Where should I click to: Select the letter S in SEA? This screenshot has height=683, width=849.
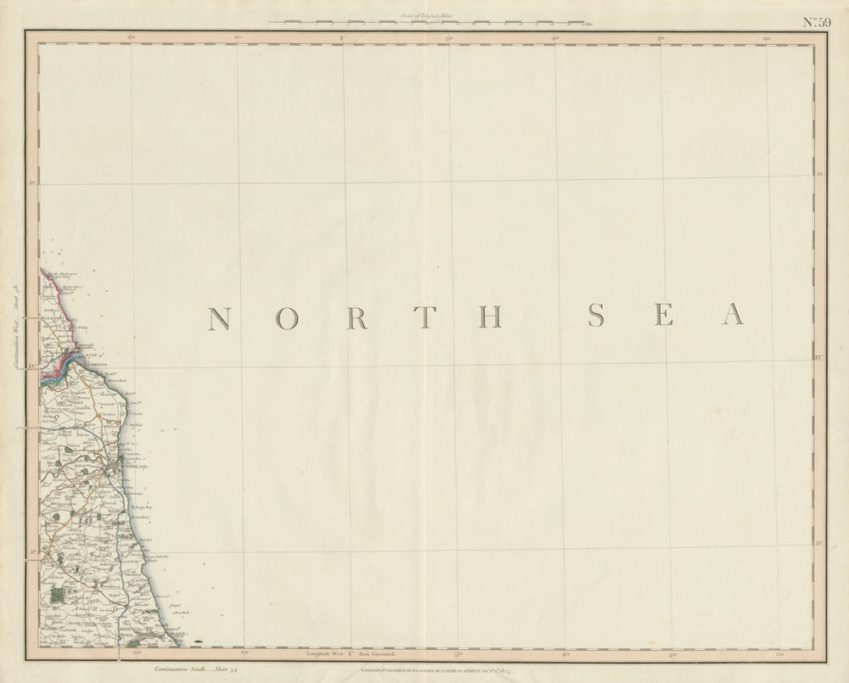pyautogui.click(x=597, y=315)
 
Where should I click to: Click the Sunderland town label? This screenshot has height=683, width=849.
pyautogui.click(x=132, y=467)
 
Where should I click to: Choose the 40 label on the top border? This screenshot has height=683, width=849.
pyautogui.click(x=555, y=38)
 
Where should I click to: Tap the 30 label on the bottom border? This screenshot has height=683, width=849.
pyautogui.click(x=671, y=654)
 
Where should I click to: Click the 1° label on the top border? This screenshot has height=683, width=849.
pyautogui.click(x=342, y=38)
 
